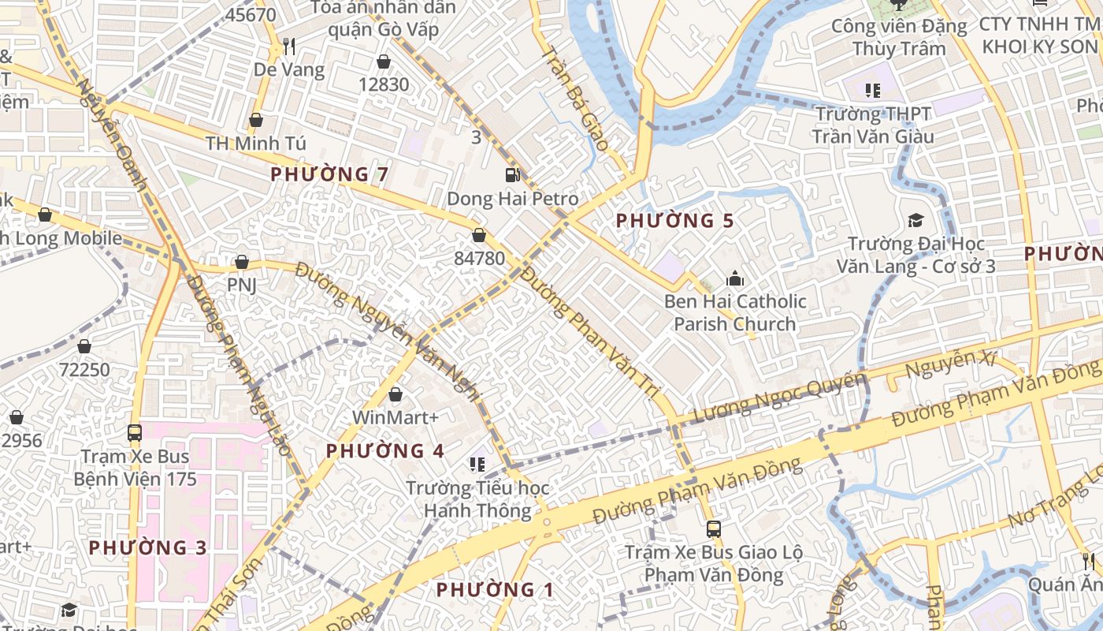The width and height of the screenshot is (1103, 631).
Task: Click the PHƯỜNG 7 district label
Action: pyautogui.click(x=329, y=174)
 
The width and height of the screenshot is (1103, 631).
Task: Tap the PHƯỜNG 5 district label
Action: pyautogui.click(x=674, y=221)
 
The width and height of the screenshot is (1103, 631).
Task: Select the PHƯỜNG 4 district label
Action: pyautogui.click(x=385, y=451)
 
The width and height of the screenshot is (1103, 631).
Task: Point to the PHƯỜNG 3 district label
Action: pyautogui.click(x=148, y=547)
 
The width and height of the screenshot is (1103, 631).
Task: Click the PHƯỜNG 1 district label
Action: pyautogui.click(x=495, y=590)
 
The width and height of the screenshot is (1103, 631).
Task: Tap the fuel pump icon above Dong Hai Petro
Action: pyautogui.click(x=512, y=175)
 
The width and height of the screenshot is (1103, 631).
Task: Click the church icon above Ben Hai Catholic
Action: pyautogui.click(x=735, y=278)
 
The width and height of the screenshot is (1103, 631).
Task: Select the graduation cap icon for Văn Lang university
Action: pyautogui.click(x=915, y=220)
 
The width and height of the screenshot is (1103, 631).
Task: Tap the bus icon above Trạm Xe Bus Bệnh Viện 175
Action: pyautogui.click(x=135, y=432)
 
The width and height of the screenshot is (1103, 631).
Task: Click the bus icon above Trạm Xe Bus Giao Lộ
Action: pyautogui.click(x=714, y=529)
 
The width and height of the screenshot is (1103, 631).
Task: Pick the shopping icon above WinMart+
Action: pyautogui.click(x=396, y=394)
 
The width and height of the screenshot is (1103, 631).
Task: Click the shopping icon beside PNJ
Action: pyautogui.click(x=242, y=262)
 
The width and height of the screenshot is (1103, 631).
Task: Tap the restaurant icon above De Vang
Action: pyautogui.click(x=289, y=47)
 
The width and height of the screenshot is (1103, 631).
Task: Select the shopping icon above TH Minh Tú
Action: pyautogui.click(x=255, y=121)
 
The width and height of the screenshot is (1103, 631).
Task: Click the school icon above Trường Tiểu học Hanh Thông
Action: pyautogui.click(x=477, y=464)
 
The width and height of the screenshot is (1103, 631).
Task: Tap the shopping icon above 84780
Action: pyautogui.click(x=478, y=235)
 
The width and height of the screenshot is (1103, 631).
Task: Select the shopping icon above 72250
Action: pyautogui.click(x=84, y=347)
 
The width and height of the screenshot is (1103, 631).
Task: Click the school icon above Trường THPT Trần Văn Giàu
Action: pyautogui.click(x=872, y=91)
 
